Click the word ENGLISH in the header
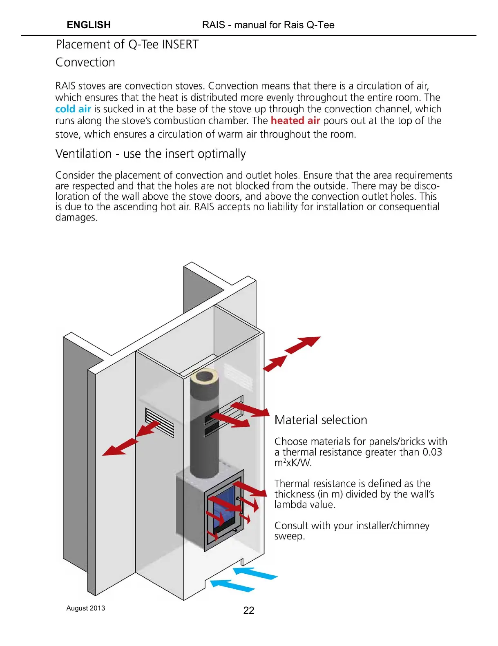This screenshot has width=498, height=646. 89,25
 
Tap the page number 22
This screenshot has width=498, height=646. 248,610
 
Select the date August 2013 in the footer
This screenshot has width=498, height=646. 85,608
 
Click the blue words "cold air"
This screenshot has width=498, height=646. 73,109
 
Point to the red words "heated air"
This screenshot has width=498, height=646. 295,120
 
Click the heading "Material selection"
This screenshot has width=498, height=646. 321,420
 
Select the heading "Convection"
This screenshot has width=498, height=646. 85,62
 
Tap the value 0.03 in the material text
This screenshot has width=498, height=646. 432,452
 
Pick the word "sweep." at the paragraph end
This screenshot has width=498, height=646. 290,536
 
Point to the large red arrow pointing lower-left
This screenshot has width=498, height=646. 120,447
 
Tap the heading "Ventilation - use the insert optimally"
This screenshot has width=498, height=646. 150,154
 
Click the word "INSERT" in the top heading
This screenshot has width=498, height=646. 180,44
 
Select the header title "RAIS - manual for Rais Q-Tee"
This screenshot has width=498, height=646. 268,25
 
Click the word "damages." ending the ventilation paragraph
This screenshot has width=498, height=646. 76,217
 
